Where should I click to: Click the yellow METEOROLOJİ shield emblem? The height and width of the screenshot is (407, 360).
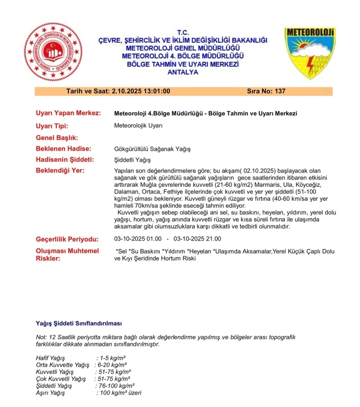click(x=310, y=53)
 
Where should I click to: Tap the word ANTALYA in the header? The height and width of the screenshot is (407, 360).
click(x=182, y=72)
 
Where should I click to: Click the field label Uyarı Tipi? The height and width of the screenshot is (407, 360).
click(x=52, y=126)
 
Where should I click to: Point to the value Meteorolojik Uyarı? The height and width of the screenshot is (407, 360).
click(x=138, y=126)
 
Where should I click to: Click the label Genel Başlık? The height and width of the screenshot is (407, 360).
click(x=57, y=137)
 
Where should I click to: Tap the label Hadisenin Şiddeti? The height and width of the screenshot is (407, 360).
click(x=65, y=160)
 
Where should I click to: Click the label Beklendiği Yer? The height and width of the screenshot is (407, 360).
click(x=60, y=171)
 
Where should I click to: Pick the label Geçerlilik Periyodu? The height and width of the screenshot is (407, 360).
click(x=67, y=239)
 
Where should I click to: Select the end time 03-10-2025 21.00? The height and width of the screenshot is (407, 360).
click(x=197, y=239)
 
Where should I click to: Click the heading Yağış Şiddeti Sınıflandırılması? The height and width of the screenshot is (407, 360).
click(x=79, y=323)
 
